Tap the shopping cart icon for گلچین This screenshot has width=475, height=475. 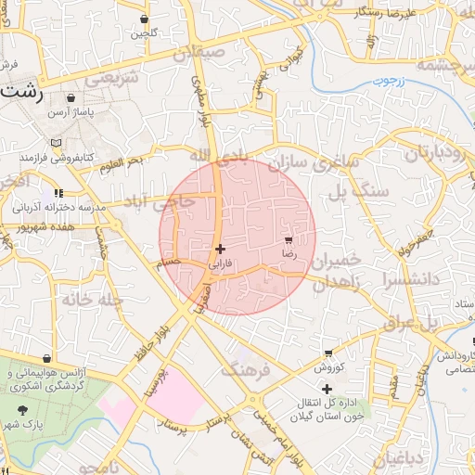(144, 19)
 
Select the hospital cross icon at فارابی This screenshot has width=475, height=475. (220, 249)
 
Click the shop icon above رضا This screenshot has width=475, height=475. (289, 239)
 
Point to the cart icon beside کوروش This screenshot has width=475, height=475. (328, 353)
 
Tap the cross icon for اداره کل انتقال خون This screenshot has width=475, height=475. (326, 389)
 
